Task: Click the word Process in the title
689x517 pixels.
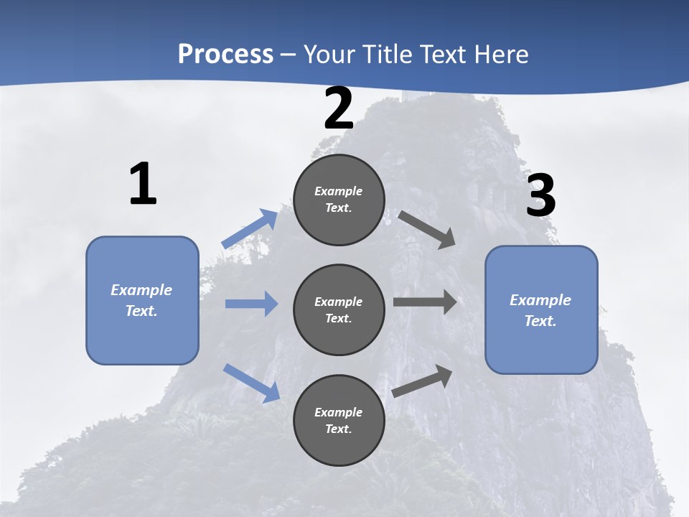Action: (225, 54)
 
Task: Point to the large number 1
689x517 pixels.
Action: (143, 185)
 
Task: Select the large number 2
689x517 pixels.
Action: (339, 109)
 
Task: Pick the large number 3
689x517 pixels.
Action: (540, 196)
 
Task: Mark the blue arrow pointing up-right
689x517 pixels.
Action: (250, 229)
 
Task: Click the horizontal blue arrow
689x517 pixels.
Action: (251, 304)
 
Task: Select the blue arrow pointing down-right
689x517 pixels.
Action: (251, 383)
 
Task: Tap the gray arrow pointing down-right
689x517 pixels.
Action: (427, 229)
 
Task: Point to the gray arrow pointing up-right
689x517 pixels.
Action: (423, 381)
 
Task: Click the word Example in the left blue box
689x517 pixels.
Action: (141, 290)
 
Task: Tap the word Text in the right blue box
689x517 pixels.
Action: (540, 321)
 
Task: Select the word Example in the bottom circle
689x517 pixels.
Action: (339, 412)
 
